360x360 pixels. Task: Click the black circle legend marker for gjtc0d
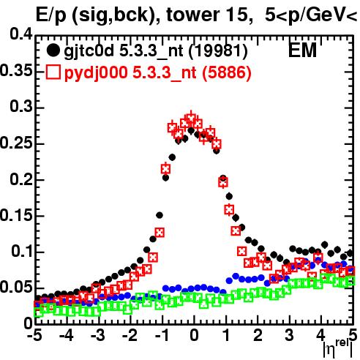(53, 50)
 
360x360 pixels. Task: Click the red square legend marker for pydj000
(53, 72)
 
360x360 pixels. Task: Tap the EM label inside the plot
(302, 50)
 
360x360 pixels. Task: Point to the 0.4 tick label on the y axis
(21, 34)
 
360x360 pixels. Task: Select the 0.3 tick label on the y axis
(21, 107)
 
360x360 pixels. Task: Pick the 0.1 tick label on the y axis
(22, 251)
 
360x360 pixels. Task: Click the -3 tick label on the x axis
(98, 335)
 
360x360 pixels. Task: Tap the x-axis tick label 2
(258, 335)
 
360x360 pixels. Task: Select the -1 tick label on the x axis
(162, 335)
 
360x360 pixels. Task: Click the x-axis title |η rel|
(338, 349)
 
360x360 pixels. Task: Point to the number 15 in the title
(236, 15)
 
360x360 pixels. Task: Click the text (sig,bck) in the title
(114, 15)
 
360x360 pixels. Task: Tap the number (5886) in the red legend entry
(227, 72)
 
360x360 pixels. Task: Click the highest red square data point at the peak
(191, 119)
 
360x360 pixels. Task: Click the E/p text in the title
(50, 15)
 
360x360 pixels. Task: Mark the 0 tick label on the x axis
(194, 335)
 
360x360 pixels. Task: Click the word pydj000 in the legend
(96, 73)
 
